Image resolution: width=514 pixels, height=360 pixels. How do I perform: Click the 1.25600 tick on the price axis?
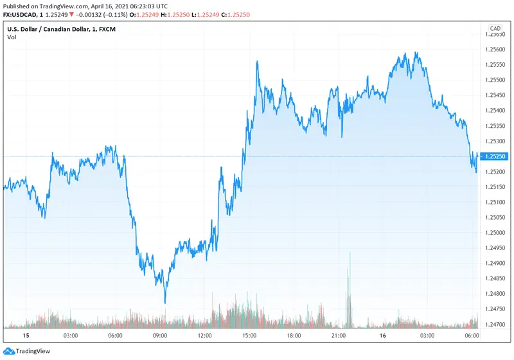[495, 50]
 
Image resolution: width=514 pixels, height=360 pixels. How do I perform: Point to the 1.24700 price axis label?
[495, 324]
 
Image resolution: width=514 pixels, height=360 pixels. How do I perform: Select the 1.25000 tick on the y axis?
[495, 233]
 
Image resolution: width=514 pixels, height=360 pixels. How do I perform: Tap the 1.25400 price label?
[495, 111]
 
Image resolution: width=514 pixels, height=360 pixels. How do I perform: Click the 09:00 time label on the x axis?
[160, 336]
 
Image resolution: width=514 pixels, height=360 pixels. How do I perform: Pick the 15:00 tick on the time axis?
[250, 336]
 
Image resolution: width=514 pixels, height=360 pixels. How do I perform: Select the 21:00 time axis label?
[339, 336]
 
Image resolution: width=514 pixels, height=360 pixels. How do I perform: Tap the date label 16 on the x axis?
[384, 336]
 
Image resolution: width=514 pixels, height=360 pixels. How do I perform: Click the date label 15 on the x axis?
[26, 336]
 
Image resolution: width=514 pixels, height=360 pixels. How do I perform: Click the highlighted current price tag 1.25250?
[495, 156]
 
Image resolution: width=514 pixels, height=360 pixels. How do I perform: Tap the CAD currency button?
[495, 28]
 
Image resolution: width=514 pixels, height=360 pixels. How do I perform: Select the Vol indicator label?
[12, 37]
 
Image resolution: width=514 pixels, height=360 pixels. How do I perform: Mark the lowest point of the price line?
[165, 303]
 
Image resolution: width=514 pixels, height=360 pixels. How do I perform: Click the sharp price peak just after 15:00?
[258, 62]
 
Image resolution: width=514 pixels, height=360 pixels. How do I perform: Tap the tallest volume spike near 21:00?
[350, 253]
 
